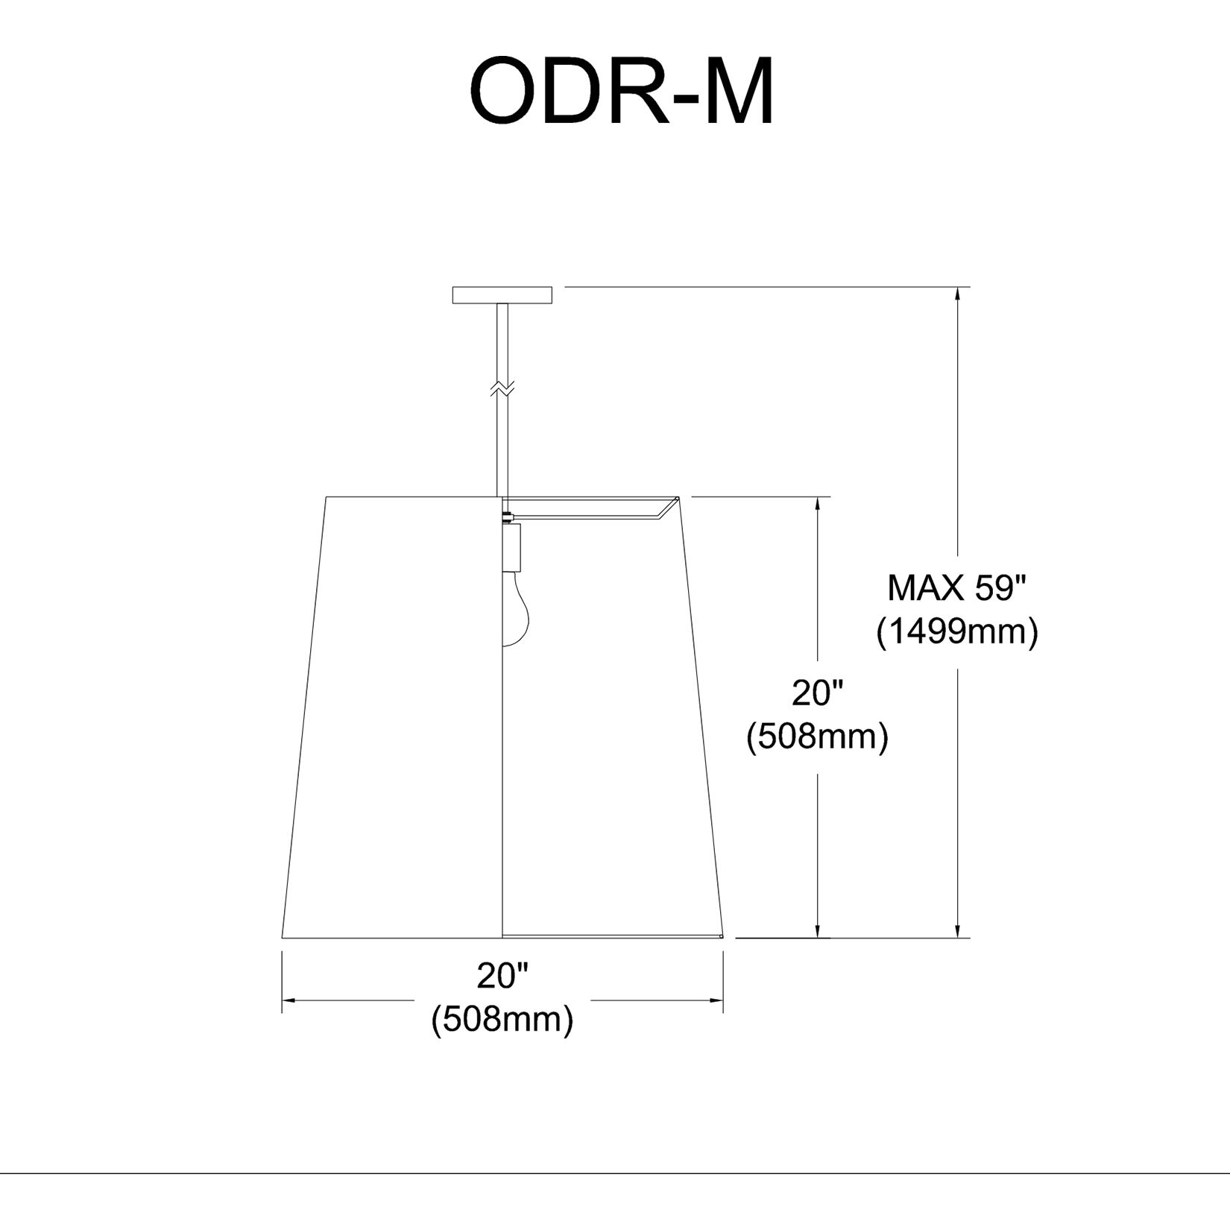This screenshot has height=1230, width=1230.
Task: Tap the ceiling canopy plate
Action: click(502, 295)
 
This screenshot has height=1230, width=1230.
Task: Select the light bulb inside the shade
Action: click(516, 605)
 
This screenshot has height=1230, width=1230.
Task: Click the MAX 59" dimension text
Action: click(957, 589)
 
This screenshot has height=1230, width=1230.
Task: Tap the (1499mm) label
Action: click(957, 633)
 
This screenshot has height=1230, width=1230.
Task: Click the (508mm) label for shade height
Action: click(817, 737)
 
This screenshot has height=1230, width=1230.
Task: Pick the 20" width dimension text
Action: click(502, 975)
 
